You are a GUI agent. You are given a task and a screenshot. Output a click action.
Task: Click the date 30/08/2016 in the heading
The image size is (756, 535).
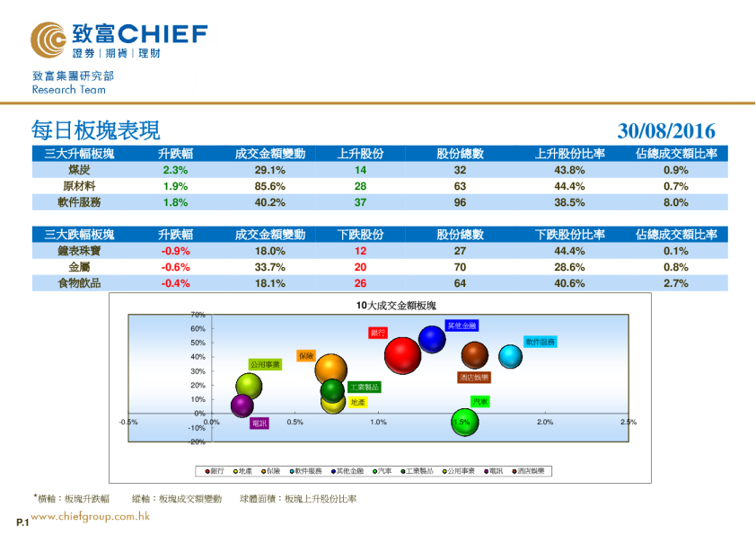[666, 131]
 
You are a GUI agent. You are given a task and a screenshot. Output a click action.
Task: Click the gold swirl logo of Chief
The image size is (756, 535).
[48, 40]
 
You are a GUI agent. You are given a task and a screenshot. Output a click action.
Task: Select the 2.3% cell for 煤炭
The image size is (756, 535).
[175, 170]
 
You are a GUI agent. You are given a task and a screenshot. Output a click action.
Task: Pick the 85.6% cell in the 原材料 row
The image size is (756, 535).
[270, 186]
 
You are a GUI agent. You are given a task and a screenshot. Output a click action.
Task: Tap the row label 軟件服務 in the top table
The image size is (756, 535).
[79, 202]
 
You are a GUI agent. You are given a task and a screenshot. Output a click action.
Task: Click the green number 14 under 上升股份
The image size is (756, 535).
[360, 170]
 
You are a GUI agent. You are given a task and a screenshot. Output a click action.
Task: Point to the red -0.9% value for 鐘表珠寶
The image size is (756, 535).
[175, 251]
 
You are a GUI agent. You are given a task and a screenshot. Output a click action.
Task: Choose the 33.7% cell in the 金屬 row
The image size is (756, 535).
[270, 267]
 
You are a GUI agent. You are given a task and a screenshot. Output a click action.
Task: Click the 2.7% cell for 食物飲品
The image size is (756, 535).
[675, 283]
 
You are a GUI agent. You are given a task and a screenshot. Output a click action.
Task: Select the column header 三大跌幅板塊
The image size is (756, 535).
[79, 235]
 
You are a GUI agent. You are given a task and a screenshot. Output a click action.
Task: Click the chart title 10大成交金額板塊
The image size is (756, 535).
[396, 306]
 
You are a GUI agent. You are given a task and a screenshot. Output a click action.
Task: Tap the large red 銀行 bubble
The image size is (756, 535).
[402, 354]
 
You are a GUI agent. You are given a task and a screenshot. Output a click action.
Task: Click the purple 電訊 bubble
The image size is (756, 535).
[242, 406]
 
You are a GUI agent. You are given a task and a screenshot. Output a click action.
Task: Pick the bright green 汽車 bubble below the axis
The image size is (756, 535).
[464, 421]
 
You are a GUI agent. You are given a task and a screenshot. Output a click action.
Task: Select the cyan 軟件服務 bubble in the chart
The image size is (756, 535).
[510, 356]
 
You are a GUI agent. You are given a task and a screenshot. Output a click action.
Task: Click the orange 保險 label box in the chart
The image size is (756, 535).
[305, 356]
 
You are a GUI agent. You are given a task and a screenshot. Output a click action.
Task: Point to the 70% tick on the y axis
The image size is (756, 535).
[198, 315]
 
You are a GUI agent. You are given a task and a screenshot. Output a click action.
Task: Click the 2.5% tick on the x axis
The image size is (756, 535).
[628, 422]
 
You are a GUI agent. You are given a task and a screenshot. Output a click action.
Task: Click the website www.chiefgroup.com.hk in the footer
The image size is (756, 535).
[90, 517]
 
